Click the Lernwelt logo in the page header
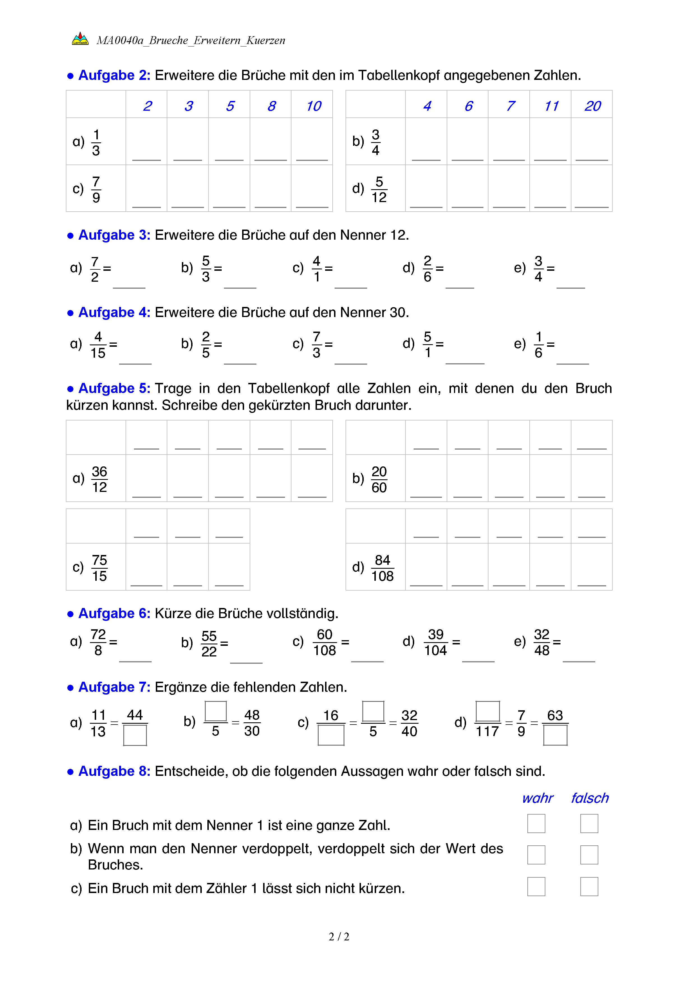(x=80, y=39)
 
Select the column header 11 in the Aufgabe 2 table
(x=551, y=106)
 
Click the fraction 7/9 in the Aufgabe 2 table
(x=96, y=189)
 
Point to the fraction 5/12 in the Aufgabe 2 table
(x=379, y=189)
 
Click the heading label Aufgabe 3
(x=114, y=235)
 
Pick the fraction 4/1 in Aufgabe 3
(x=317, y=269)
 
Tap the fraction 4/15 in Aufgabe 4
(x=98, y=345)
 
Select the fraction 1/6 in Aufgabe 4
(x=538, y=345)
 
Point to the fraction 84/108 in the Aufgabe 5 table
(x=382, y=568)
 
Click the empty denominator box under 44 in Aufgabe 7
(x=135, y=735)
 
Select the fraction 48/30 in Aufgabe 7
(x=252, y=723)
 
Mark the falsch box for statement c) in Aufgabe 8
(x=589, y=887)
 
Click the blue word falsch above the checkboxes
(x=590, y=798)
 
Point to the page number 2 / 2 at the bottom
(x=339, y=937)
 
